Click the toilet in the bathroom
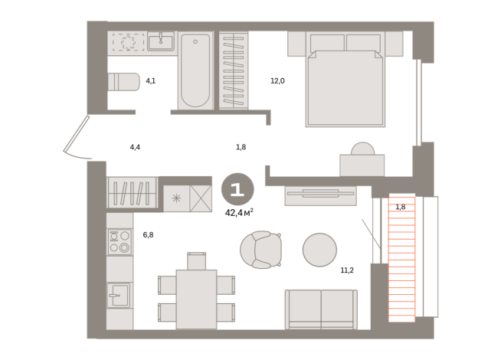(123, 82)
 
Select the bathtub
(195, 70)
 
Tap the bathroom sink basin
(161, 41)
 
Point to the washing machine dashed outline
(128, 42)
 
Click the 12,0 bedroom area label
(277, 81)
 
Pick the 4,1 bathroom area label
(150, 81)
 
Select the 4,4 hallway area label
(135, 147)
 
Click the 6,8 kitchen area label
(148, 235)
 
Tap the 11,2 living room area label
(347, 270)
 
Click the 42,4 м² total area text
(239, 212)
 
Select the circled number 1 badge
(237, 189)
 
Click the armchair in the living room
(261, 250)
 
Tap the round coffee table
(319, 250)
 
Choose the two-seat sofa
(321, 309)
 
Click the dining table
(196, 299)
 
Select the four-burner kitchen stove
(120, 242)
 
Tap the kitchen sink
(118, 295)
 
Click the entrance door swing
(77, 138)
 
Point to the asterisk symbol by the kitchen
(176, 198)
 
